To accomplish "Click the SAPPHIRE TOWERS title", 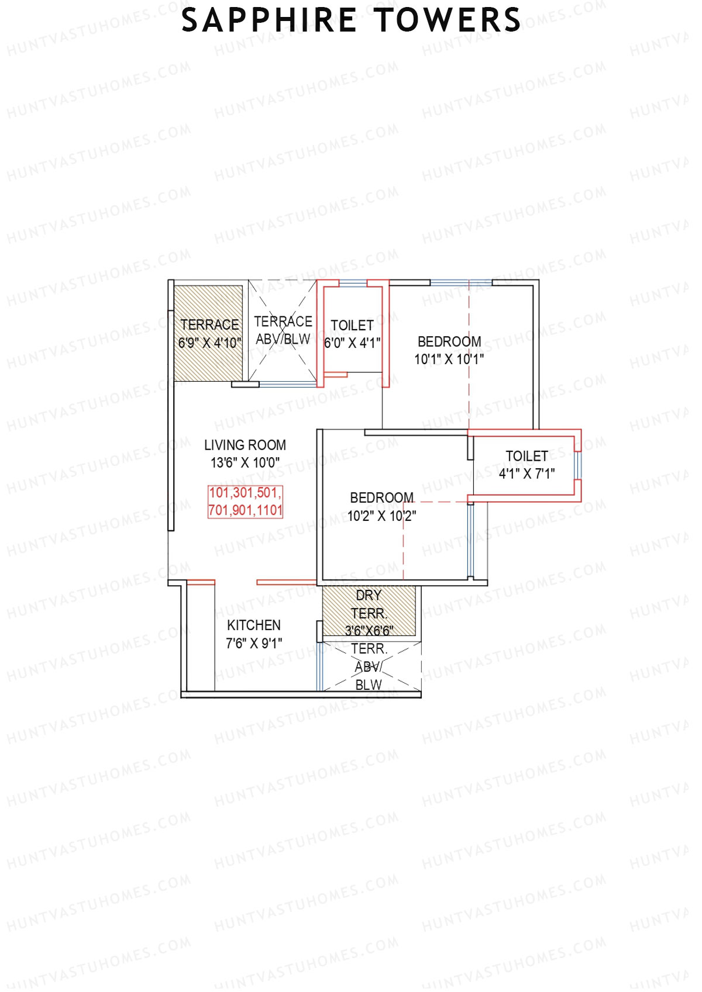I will [351, 20].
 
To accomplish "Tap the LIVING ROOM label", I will [245, 445].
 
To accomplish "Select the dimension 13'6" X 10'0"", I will [245, 463].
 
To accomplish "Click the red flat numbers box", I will [246, 502].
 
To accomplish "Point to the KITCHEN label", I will [254, 625].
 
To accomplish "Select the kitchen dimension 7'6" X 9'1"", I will [254, 643].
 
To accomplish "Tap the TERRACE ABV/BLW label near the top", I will [283, 330].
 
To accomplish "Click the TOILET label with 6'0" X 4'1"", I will [352, 326].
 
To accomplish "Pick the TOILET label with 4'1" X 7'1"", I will [527, 456].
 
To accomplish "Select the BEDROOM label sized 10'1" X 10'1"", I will [449, 342].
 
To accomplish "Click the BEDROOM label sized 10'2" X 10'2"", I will [381, 498].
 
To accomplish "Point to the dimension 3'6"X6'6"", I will [369, 631].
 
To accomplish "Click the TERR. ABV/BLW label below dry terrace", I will [369, 666].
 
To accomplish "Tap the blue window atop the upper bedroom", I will [461, 283].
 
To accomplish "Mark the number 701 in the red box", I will [219, 510].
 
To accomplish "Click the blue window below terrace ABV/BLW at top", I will [288, 384].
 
